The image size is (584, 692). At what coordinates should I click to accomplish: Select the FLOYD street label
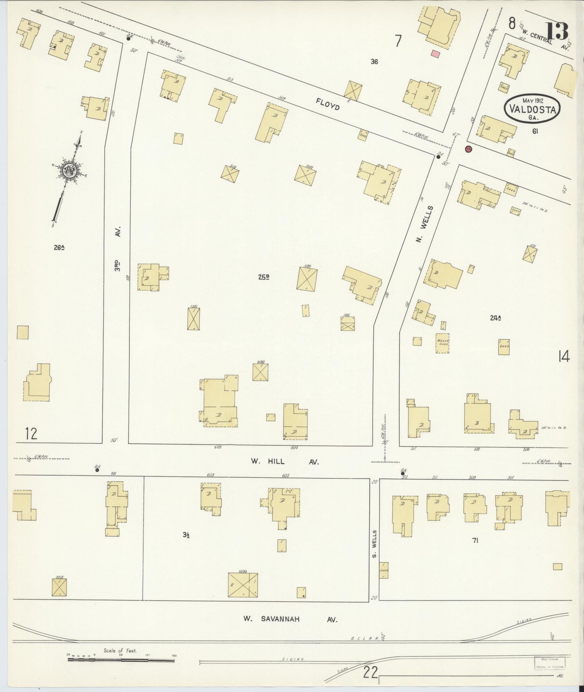coord(328,104)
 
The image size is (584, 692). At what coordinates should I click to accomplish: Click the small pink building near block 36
coord(436,54)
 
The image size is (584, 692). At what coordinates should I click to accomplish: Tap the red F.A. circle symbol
coord(468,149)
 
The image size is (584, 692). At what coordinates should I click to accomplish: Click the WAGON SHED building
coord(442,343)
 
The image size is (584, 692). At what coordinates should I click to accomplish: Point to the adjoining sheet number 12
coord(31,433)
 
